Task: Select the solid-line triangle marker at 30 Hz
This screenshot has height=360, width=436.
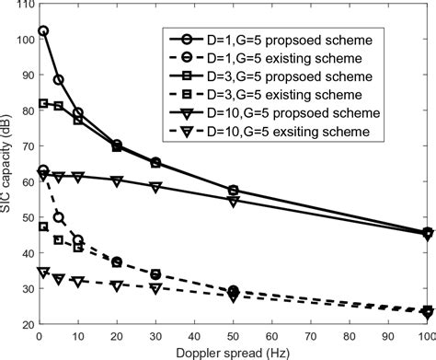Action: tap(155, 187)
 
